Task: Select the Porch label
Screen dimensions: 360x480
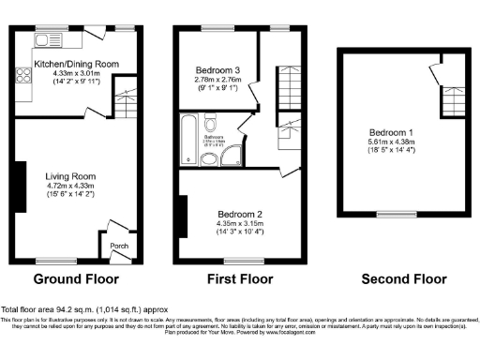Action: point(120,247)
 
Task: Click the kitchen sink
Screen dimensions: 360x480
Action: point(45,39)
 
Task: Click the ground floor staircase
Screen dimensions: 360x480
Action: point(124,97)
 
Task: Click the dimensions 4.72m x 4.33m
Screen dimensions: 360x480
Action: point(71,186)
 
